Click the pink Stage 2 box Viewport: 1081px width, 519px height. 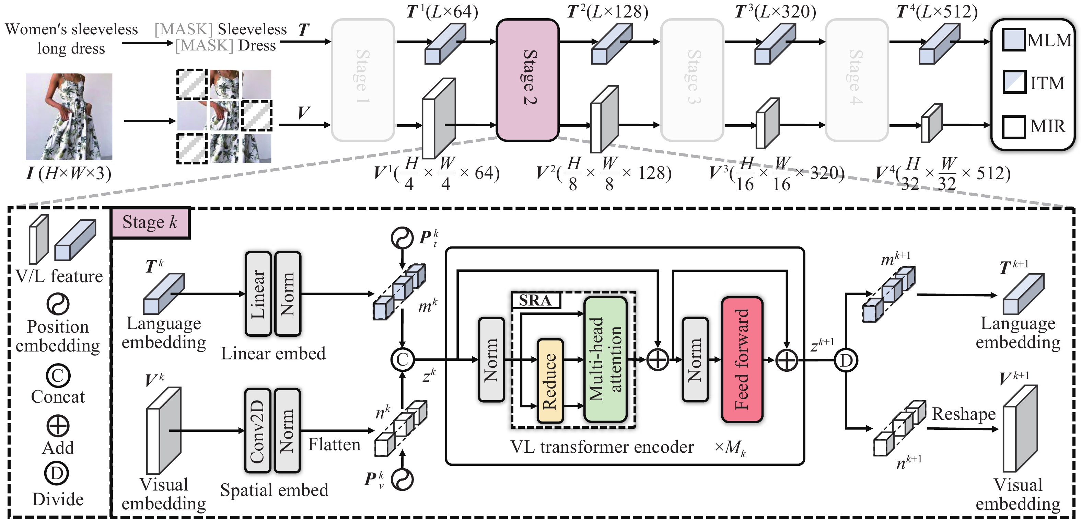pyautogui.click(x=527, y=80)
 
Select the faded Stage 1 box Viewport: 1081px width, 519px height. pyautogui.click(x=363, y=80)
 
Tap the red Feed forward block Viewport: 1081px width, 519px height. pyautogui.click(x=742, y=359)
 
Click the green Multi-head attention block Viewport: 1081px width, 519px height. pyautogui.click(x=605, y=359)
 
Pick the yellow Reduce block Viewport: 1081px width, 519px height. pyautogui.click(x=550, y=381)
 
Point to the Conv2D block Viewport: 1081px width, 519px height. pyautogui.click(x=258, y=431)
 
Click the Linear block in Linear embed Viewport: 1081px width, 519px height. pyautogui.click(x=258, y=294)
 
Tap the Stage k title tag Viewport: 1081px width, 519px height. pyautogui.click(x=150, y=222)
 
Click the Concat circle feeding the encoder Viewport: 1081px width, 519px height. pyautogui.click(x=403, y=360)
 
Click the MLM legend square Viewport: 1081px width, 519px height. pyautogui.click(x=1014, y=39)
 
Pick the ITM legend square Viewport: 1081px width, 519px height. pyautogui.click(x=1014, y=82)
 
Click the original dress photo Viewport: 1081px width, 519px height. pyautogui.click(x=69, y=117)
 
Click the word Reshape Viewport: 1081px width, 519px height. pyautogui.click(x=964, y=414)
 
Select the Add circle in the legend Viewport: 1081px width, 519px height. pyautogui.click(x=58, y=426)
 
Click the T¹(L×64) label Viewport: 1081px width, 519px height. pyautogui.click(x=442, y=12)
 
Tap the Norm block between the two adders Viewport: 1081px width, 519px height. pyautogui.click(x=695, y=359)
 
